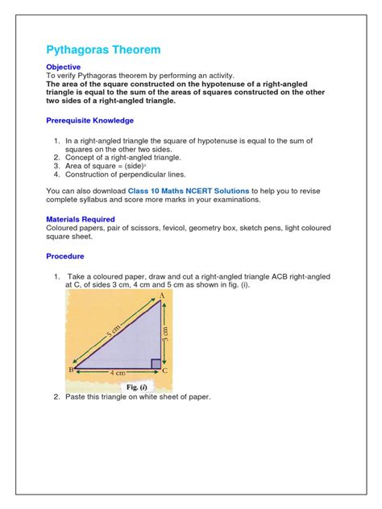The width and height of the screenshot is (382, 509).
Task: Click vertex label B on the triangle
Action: [x=71, y=370]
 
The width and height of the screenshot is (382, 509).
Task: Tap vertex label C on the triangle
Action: [x=165, y=370]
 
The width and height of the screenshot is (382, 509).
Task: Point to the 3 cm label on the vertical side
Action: [x=166, y=332]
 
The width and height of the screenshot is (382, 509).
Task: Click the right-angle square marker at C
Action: [x=156, y=364]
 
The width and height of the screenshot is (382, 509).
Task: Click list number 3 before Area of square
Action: [x=57, y=165]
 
